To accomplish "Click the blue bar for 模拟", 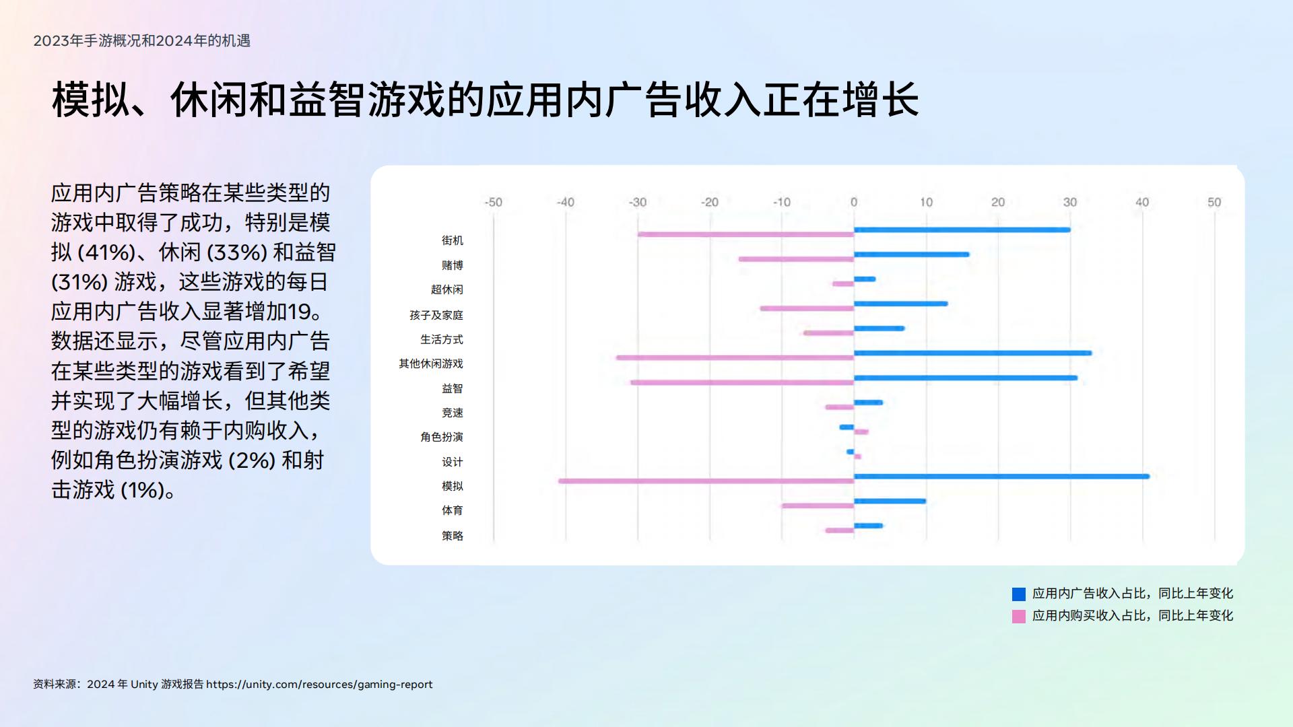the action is [x=1001, y=477].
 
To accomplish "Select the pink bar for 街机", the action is [x=745, y=234].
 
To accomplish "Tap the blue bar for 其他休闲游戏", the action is [x=972, y=353].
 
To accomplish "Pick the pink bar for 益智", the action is [x=742, y=382].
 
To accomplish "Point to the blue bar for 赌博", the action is [x=911, y=254].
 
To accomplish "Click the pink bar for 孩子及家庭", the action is [x=807, y=308].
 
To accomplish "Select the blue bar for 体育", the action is [x=890, y=501].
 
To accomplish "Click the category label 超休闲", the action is [x=447, y=289].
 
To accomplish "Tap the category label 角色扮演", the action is [x=442, y=437].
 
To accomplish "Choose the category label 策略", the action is [x=453, y=536].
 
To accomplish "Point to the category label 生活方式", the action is [x=442, y=339].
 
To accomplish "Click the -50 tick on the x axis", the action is [x=494, y=202].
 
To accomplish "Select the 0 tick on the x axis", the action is [x=854, y=202].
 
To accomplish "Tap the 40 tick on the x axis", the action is [x=1142, y=202].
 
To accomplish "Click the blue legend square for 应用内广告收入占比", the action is [x=1019, y=594].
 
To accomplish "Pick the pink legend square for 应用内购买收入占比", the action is [x=1019, y=616].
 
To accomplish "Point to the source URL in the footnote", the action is [x=319, y=685].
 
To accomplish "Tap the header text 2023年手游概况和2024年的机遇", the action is [x=142, y=41].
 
